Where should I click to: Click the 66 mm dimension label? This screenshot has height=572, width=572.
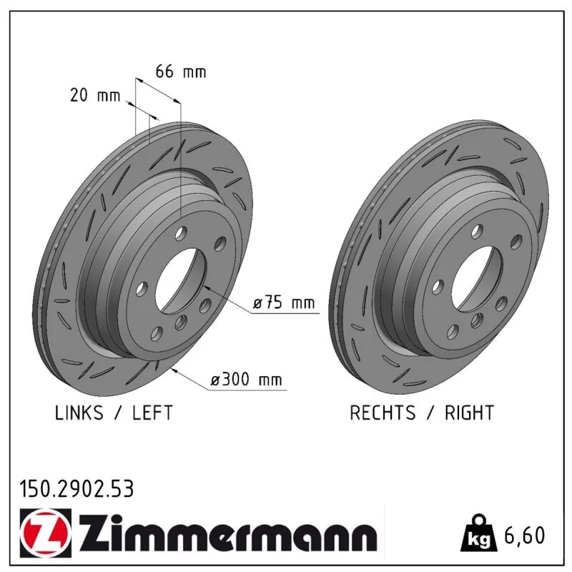click(x=181, y=71)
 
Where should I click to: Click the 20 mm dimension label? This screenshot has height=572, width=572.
click(x=95, y=96)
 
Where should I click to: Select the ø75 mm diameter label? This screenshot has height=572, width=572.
click(x=283, y=302)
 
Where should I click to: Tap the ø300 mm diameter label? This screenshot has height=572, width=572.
click(x=246, y=380)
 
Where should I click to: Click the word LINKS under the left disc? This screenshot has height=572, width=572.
click(x=79, y=413)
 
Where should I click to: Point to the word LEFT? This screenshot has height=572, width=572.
click(x=152, y=413)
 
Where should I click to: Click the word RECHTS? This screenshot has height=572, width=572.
click(x=383, y=413)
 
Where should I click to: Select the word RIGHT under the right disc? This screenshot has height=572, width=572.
click(x=469, y=413)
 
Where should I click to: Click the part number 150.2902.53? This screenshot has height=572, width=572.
click(x=77, y=489)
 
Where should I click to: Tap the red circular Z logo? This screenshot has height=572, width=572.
click(x=45, y=533)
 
